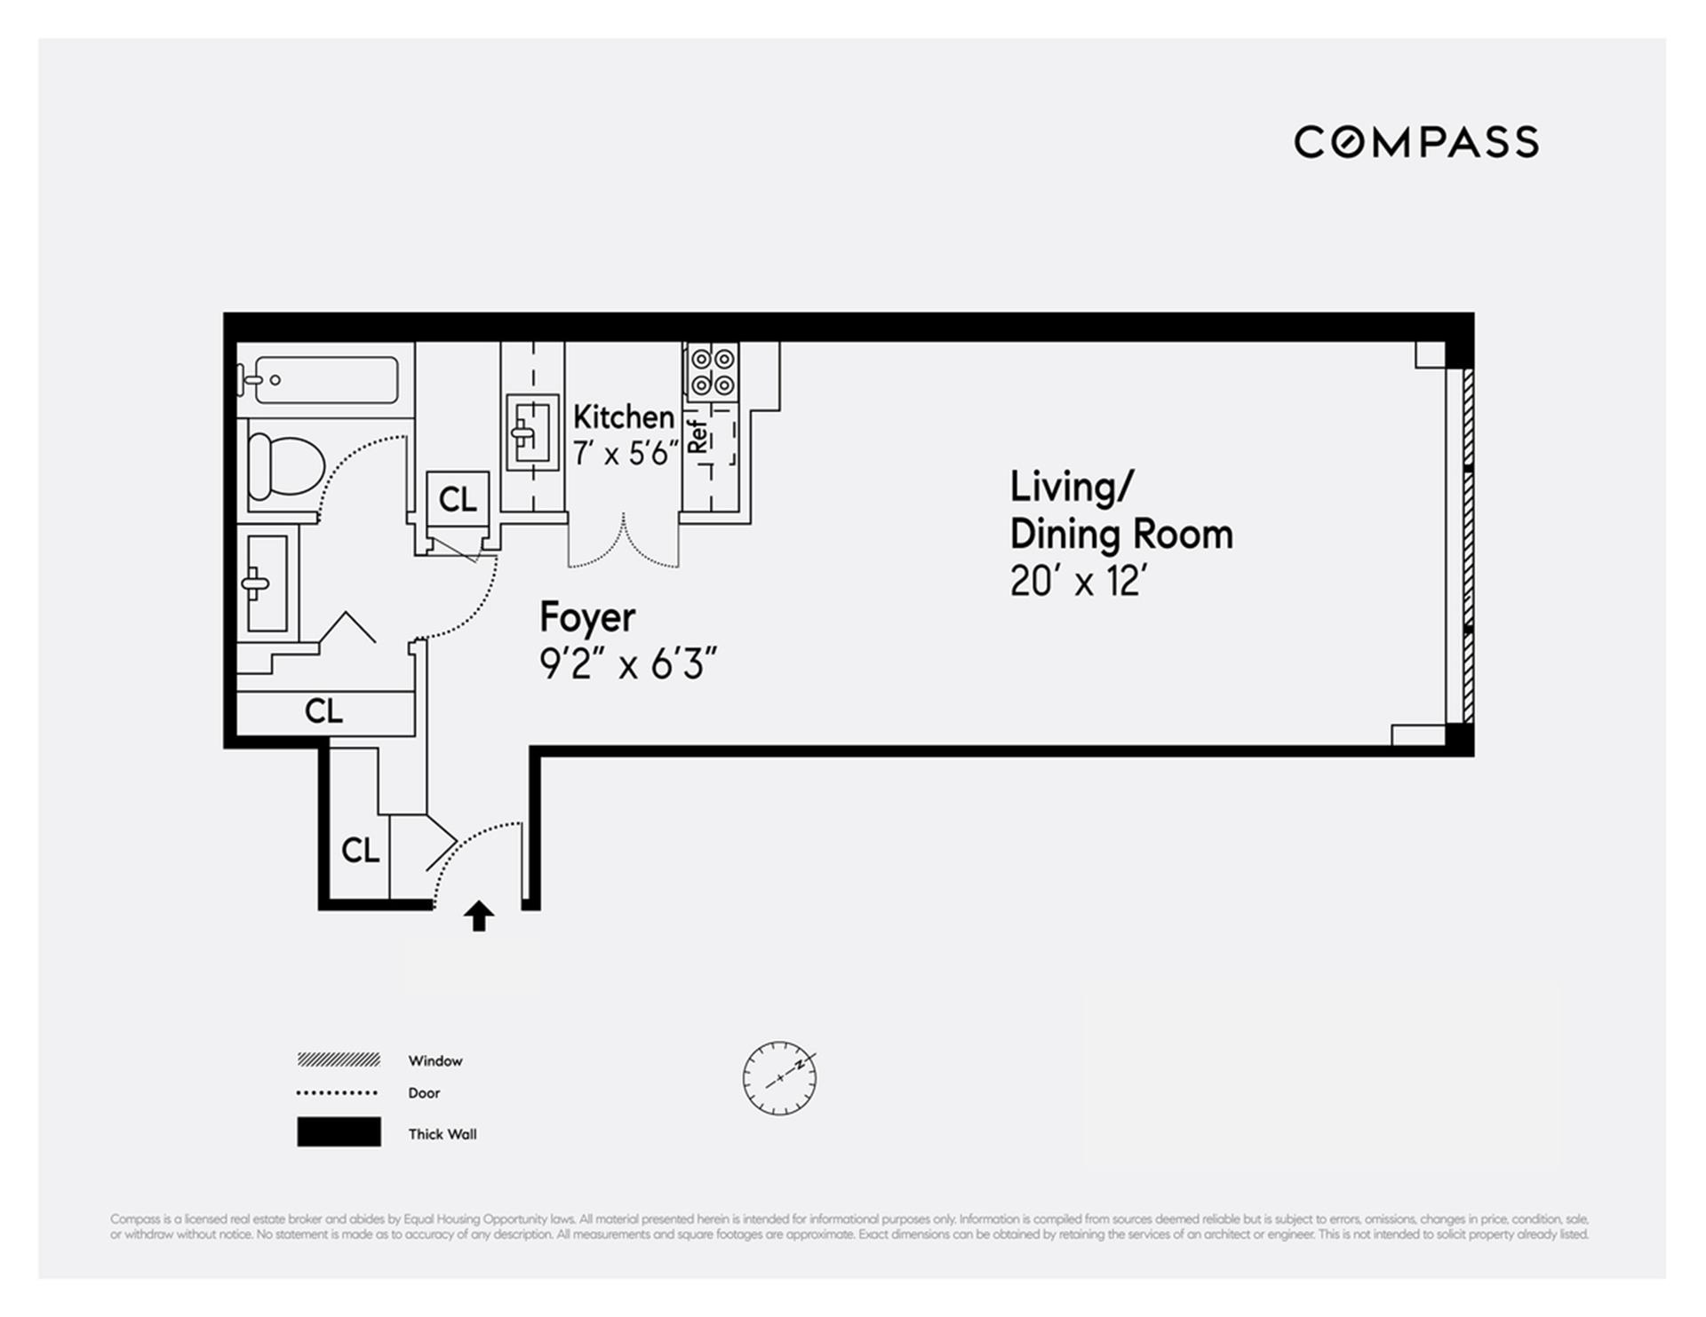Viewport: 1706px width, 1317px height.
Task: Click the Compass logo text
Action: pyautogui.click(x=1415, y=142)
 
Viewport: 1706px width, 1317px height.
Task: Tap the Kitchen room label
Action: pyautogui.click(x=623, y=417)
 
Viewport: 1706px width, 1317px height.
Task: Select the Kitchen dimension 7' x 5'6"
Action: pyautogui.click(x=626, y=454)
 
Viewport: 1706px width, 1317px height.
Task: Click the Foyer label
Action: pyautogui.click(x=587, y=616)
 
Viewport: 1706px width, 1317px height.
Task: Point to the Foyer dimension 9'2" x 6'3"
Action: pyautogui.click(x=627, y=663)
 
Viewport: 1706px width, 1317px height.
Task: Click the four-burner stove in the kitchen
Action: pyautogui.click(x=713, y=372)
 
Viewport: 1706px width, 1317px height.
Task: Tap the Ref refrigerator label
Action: pyautogui.click(x=698, y=437)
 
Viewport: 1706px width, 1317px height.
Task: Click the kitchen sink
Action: pyautogui.click(x=531, y=432)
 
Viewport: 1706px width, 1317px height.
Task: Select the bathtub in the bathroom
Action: pyautogui.click(x=325, y=380)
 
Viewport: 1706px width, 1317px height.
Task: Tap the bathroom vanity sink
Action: pyautogui.click(x=266, y=583)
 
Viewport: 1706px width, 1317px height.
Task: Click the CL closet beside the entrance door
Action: pyautogui.click(x=360, y=851)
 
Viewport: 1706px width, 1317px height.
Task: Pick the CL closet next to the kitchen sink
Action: pyautogui.click(x=458, y=500)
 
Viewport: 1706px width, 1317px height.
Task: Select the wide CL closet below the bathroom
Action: pyautogui.click(x=323, y=711)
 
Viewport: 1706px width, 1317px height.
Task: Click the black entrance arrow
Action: pyautogui.click(x=479, y=916)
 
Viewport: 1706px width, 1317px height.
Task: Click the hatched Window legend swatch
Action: pyautogui.click(x=339, y=1060)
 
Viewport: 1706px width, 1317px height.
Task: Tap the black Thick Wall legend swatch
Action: pyautogui.click(x=339, y=1132)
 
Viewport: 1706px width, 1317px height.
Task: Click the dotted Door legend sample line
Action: pyautogui.click(x=338, y=1093)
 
